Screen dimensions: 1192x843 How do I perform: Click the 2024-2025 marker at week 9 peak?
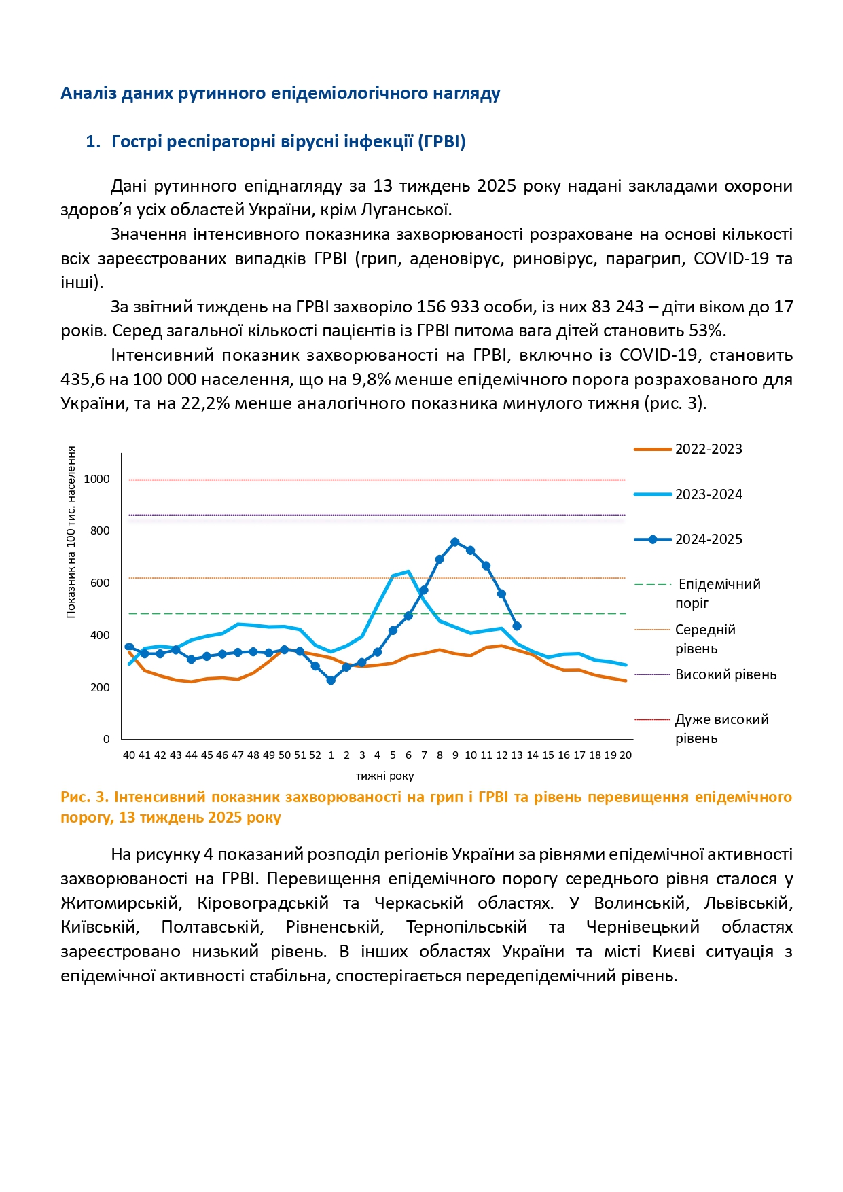455,542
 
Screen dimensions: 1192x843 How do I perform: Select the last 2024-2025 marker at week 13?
517,626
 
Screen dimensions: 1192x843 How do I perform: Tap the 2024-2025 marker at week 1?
331,681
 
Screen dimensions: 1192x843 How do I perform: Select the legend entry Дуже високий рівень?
721,728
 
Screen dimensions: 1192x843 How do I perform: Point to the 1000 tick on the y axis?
96,480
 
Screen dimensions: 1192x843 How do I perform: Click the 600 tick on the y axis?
100,583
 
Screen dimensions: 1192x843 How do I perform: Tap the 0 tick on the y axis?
106,740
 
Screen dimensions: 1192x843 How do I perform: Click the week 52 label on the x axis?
315,755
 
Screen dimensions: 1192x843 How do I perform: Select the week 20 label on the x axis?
626,755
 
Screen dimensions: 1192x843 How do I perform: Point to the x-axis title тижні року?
384,776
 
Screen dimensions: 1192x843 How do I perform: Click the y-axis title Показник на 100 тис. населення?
71,532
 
